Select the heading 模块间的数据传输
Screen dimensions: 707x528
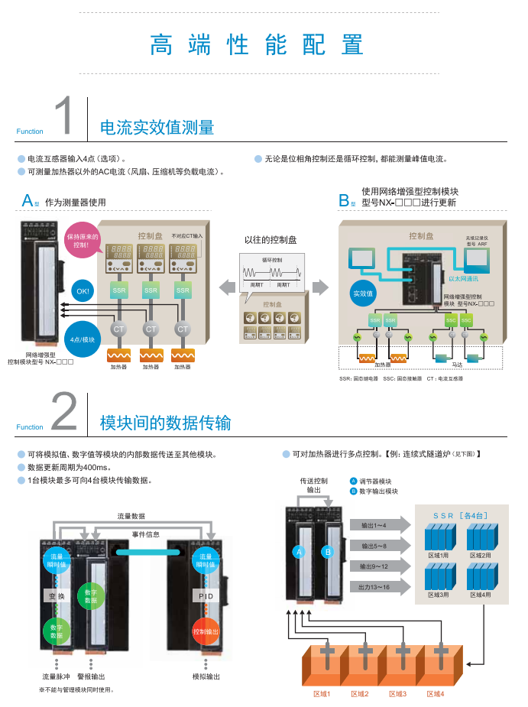165,423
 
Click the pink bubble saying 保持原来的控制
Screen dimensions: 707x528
83,240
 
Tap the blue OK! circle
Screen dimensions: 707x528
83,291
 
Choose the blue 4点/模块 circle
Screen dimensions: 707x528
83,339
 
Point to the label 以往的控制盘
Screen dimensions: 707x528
270,240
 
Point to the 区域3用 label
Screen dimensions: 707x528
439,594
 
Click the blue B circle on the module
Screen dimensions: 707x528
328,551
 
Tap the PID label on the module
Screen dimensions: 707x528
206,596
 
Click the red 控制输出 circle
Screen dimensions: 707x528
206,632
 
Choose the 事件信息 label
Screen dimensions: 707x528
146,534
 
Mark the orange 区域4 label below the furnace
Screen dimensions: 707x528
436,694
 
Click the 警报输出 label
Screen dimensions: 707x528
91,676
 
